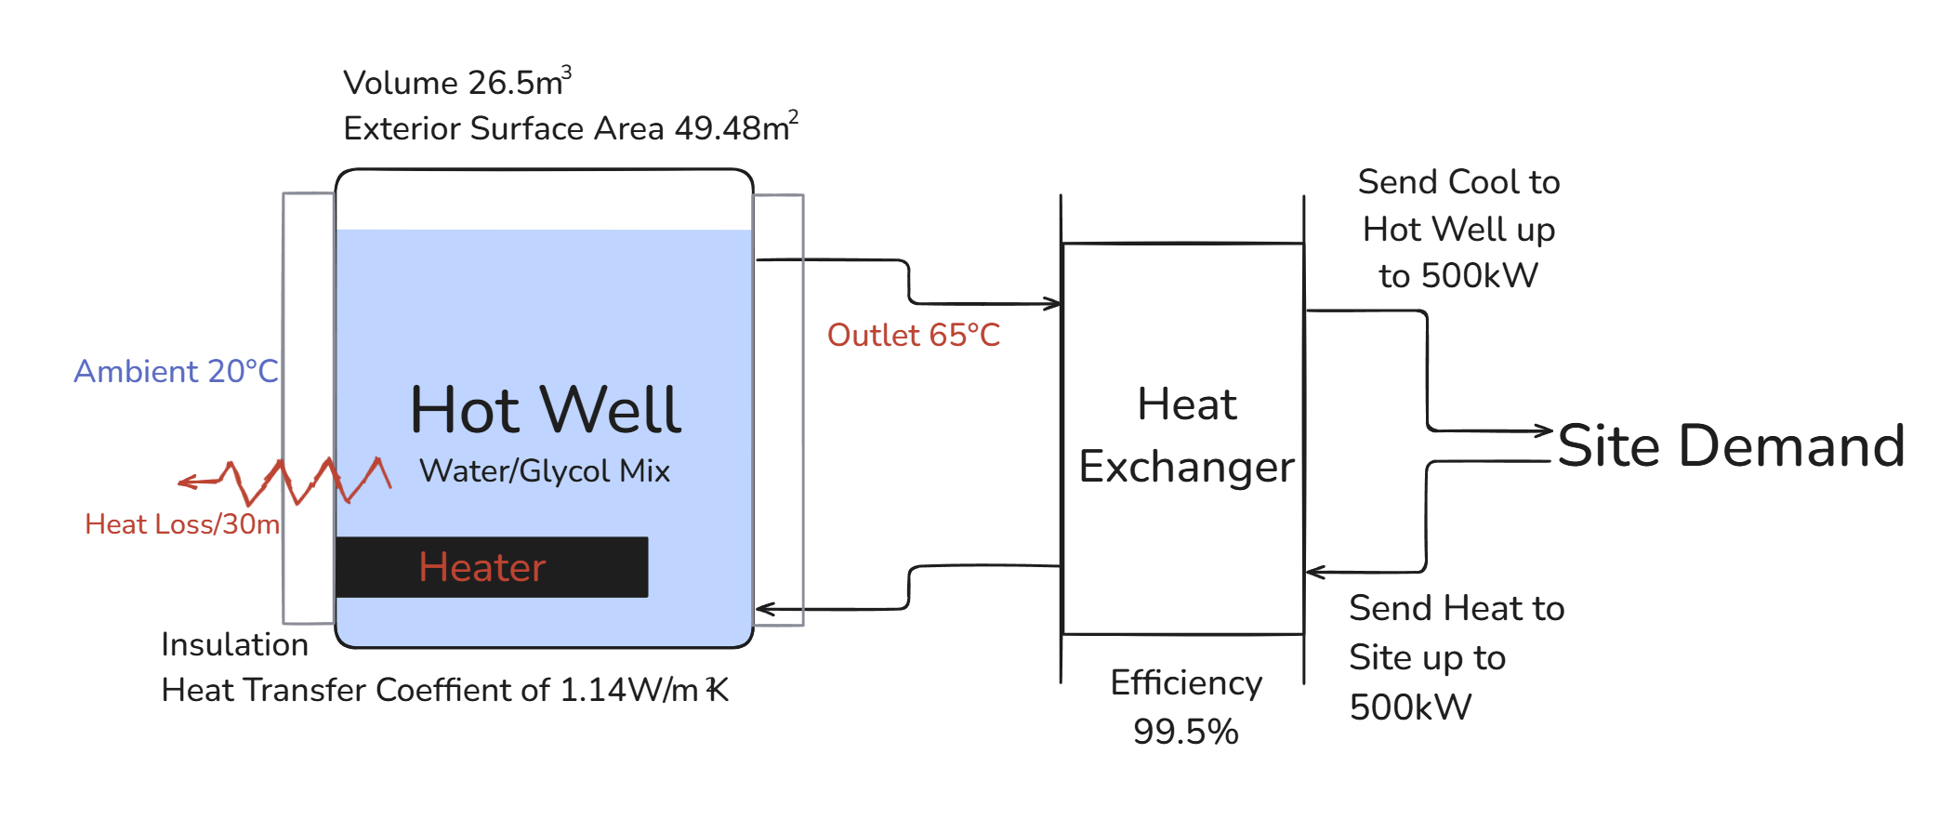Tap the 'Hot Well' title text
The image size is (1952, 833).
(x=546, y=410)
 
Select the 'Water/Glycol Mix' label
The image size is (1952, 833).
(x=544, y=470)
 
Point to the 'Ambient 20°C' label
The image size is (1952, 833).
(x=176, y=371)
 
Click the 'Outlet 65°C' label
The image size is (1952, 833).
(x=913, y=335)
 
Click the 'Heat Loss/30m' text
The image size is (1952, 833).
(x=182, y=524)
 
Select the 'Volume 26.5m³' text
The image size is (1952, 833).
(x=456, y=82)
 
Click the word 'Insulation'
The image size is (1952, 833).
(x=234, y=644)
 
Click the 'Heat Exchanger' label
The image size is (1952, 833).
(x=1186, y=435)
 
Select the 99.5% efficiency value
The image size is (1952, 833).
(x=1185, y=732)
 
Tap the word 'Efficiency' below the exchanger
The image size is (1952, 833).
(x=1186, y=683)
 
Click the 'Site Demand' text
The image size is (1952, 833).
(x=1731, y=445)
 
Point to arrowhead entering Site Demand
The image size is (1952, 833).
(x=1545, y=430)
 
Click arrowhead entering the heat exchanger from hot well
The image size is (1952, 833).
(x=1053, y=304)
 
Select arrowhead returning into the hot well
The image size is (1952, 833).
(x=764, y=610)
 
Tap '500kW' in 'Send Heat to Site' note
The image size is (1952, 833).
(x=1410, y=707)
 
